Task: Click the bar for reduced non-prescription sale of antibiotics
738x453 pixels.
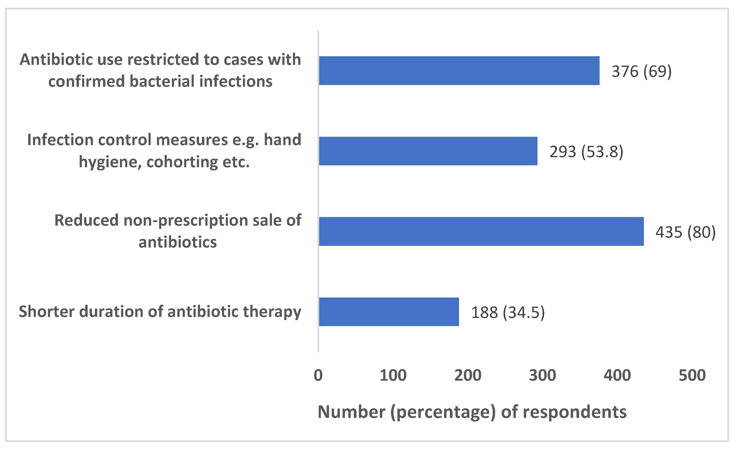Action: (x=481, y=231)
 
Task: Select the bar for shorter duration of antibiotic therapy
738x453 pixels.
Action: (x=389, y=312)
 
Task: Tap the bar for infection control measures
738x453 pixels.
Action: (x=428, y=151)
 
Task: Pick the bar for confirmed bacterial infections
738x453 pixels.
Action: (x=459, y=71)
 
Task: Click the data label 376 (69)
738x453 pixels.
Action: (x=641, y=71)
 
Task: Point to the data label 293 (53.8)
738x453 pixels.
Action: (x=586, y=152)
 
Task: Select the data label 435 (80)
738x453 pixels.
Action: (x=685, y=232)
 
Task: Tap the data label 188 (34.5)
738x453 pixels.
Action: (x=508, y=312)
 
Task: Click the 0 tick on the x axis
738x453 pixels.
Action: (x=318, y=375)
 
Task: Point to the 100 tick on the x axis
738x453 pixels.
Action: (x=393, y=375)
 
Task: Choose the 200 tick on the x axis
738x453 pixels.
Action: (x=468, y=375)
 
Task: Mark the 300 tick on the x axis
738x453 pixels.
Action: (x=542, y=375)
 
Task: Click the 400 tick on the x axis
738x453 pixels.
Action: (x=617, y=375)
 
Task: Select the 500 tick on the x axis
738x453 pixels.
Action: (x=692, y=375)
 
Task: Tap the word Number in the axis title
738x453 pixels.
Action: (x=351, y=412)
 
